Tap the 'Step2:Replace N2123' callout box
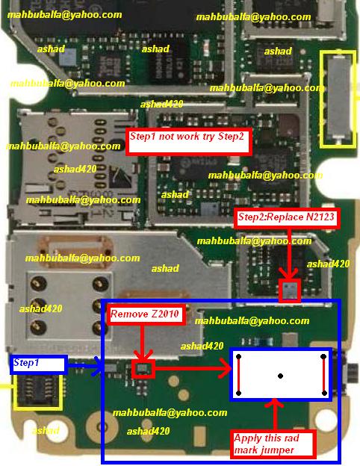pos(287,218)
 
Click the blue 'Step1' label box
pos(39,364)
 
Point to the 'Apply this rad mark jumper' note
pos(273,444)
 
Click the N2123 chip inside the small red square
pos(290,290)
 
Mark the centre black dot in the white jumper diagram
pos(280,376)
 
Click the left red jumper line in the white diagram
pos(238,375)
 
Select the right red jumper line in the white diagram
pos(323,375)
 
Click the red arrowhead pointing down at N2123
pos(288,273)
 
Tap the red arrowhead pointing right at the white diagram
pos(226,369)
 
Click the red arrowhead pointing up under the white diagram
pos(275,404)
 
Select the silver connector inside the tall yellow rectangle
pos(338,98)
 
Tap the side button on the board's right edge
pos(353,373)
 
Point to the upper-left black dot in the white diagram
pos(238,357)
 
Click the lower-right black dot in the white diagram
pos(324,393)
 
